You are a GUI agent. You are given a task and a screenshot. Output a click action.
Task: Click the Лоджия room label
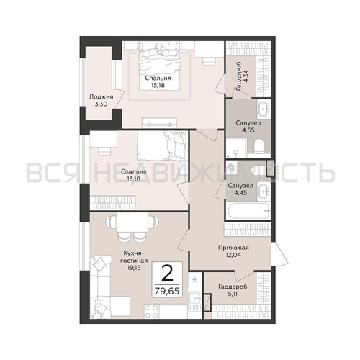[101, 97]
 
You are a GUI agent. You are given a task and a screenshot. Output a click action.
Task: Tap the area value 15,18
[158, 85]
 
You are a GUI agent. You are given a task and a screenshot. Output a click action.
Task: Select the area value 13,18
[133, 179]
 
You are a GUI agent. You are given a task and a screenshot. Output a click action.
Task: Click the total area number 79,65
[167, 291]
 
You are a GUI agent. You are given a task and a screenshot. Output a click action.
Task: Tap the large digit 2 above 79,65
[167, 273]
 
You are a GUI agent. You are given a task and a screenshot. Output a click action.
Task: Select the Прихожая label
[233, 248]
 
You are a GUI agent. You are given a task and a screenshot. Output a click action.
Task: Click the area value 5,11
[233, 294]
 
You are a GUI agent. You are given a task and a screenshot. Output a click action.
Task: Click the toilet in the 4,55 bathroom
[258, 146]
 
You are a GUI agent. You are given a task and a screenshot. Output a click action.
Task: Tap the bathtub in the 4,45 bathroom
[248, 210]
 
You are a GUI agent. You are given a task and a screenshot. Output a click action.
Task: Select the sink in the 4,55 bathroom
[264, 109]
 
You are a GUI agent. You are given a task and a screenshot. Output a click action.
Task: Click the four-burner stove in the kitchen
[152, 311]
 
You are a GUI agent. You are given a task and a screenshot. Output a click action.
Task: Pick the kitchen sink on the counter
[194, 298]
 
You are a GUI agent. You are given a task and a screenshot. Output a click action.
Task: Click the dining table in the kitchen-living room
[132, 223]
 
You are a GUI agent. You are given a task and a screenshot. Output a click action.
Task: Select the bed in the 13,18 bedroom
[162, 145]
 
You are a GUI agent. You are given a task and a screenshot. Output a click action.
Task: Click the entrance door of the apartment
[279, 254]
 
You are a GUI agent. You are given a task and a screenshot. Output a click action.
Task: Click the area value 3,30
[101, 104]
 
